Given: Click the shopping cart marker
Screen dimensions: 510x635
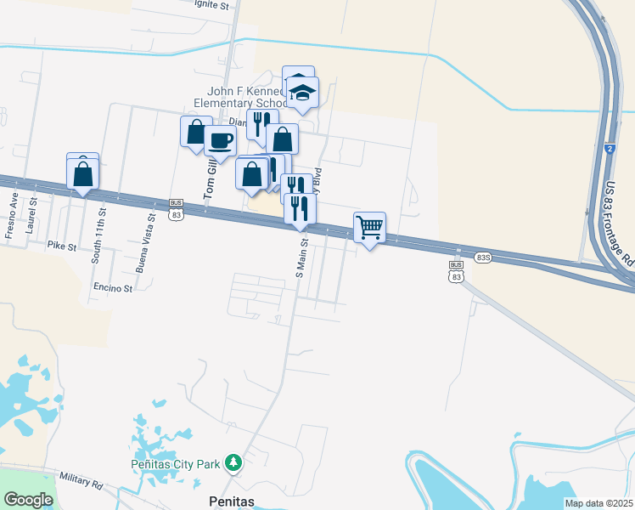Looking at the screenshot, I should point(369,228).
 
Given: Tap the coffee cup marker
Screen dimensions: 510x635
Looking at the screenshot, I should point(220,141).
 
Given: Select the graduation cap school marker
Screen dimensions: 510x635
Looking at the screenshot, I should point(301,93).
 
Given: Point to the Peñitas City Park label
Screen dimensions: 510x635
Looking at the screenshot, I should point(177,464).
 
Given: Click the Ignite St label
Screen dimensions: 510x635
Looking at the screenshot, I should point(213,5).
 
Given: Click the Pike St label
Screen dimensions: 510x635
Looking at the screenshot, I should point(62,246).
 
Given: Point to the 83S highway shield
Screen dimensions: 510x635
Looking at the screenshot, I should point(483,257).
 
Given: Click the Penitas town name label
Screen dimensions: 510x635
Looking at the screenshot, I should point(232,501).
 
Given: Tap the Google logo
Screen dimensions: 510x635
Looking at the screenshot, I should point(28,500).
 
